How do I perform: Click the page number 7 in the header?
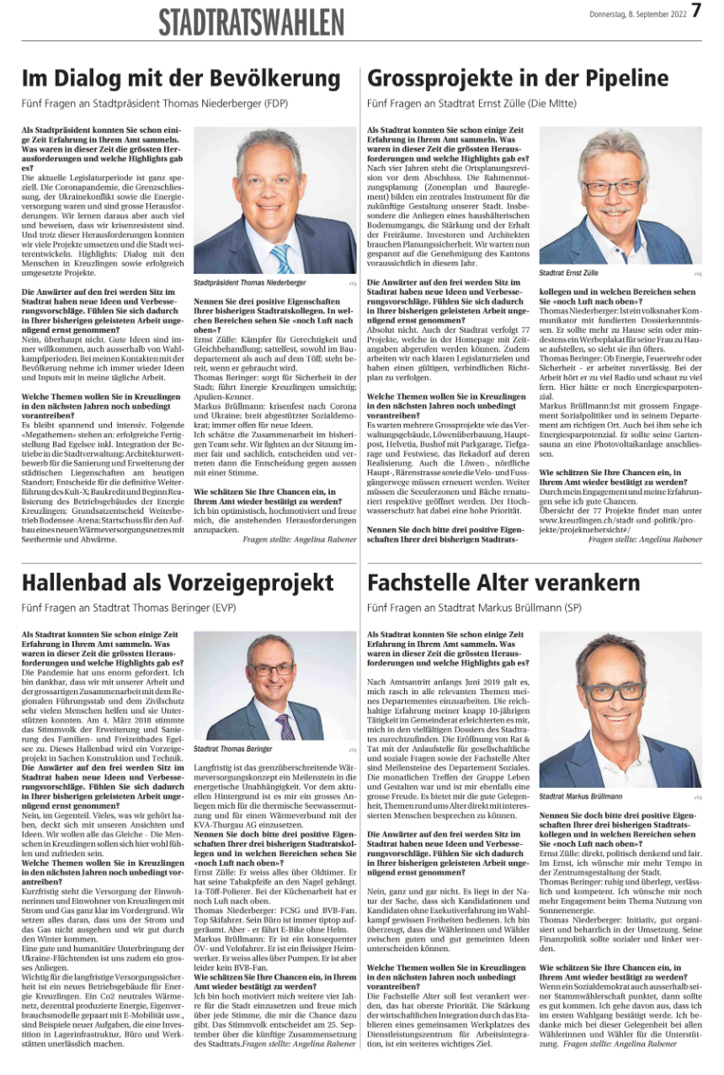click(x=695, y=12)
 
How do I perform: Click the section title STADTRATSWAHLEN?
click(x=252, y=22)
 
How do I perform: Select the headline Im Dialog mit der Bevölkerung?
click(x=181, y=79)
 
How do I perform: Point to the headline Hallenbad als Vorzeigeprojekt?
click(x=178, y=582)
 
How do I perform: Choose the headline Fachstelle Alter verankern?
click(x=503, y=582)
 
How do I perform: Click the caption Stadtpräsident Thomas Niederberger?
click(x=250, y=283)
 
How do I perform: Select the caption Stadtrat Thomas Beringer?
click(x=232, y=748)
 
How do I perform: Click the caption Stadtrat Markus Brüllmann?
click(x=581, y=796)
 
